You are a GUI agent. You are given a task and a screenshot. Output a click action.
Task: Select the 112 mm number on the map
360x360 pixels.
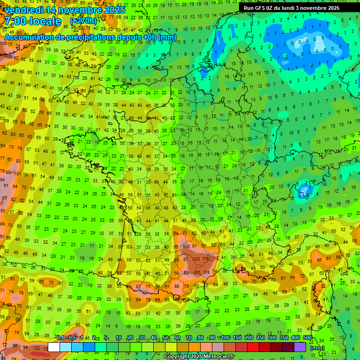tap(216, 258)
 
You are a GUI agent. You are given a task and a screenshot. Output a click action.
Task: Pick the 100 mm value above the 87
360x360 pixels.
tap(187, 246)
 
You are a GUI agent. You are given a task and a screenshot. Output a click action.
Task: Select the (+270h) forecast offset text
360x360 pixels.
tap(83, 21)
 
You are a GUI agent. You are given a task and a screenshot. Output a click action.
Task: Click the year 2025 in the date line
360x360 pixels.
tap(115, 10)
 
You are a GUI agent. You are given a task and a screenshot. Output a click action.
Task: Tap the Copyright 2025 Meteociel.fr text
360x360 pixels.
tap(199, 357)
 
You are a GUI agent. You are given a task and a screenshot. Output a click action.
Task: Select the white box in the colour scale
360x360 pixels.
tap(54, 347)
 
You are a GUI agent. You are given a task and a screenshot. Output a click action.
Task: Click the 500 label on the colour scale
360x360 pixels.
tap(307, 337)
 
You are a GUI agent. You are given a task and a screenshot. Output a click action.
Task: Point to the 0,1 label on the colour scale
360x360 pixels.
tap(60, 337)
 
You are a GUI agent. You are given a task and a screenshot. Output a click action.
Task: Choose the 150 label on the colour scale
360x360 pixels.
tap(237, 337)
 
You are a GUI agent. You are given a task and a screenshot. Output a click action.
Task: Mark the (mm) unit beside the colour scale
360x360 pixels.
tap(317, 348)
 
